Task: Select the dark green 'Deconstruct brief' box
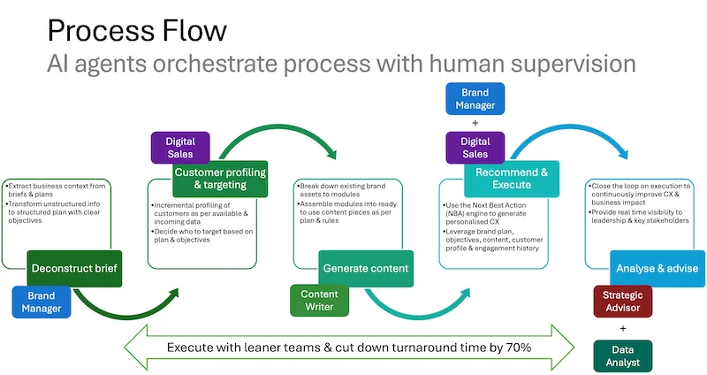pyautogui.click(x=62, y=268)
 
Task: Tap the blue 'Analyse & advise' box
pyautogui.click(x=658, y=268)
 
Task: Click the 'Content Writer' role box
pyautogui.click(x=320, y=301)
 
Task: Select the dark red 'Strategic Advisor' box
pyautogui.click(x=623, y=301)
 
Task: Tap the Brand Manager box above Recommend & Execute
pyautogui.click(x=475, y=98)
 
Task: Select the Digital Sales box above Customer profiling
pyautogui.click(x=180, y=147)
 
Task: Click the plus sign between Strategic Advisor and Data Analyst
pyautogui.click(x=623, y=328)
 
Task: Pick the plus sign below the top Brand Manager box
pyautogui.click(x=475, y=123)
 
